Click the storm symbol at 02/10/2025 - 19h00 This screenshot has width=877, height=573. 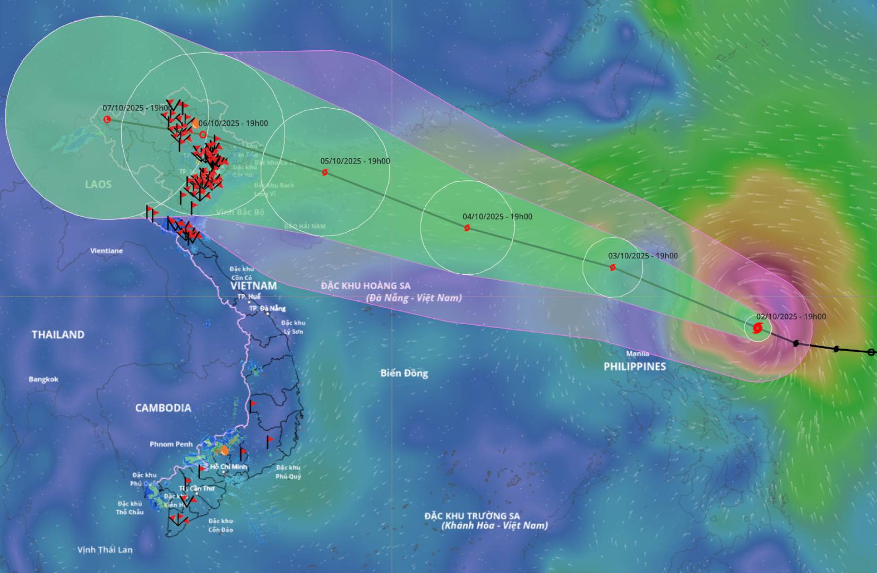pos(758,328)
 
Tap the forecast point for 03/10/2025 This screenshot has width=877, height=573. pos(612,267)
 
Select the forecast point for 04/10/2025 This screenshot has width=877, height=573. pos(467,228)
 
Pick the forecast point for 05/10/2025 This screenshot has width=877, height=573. pos(324,172)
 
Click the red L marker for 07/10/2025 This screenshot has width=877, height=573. pos(107,119)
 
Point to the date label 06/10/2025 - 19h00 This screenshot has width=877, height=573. pos(233,123)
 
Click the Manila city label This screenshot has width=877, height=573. pos(637,353)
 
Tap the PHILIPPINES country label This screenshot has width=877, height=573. pos(634,367)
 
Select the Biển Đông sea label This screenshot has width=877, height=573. pos(404,373)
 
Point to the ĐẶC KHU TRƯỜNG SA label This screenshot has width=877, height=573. pos(472,516)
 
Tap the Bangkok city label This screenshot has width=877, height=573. pos(44,379)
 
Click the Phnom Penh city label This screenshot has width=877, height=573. pos(171,444)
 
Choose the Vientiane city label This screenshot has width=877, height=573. pos(106,251)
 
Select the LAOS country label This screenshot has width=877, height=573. pos(98,184)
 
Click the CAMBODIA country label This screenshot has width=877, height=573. pos(163,408)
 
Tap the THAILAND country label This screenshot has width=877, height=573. pos(58,335)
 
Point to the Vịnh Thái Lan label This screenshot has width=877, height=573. pos(105,550)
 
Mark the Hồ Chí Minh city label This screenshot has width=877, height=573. pos(228,467)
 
